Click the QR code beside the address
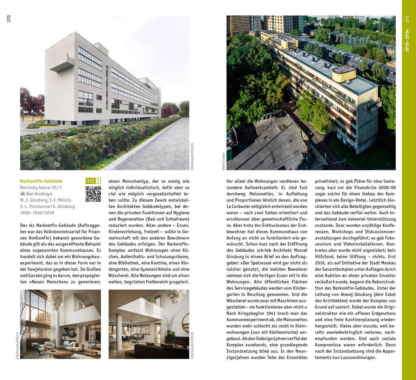coord(93,194)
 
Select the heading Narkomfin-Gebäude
coord(41,181)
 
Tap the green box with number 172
coord(90,181)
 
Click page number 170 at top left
coord(9,19)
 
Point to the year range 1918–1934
coord(407,41)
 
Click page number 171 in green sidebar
coord(407,19)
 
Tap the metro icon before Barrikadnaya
coord(22,194)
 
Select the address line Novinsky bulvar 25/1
coord(41,188)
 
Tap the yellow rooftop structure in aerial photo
coord(344,73)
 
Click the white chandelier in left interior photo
coord(55,299)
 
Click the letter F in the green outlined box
coord(98,181)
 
